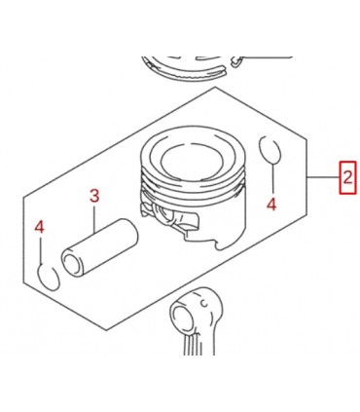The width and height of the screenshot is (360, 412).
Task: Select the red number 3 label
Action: (x=95, y=196)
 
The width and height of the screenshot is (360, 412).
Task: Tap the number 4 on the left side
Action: (x=40, y=227)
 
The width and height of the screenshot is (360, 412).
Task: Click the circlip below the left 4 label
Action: (x=47, y=277)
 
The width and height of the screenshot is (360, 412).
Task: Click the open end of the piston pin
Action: (x=73, y=263)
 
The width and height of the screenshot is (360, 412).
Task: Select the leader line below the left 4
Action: (x=42, y=249)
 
